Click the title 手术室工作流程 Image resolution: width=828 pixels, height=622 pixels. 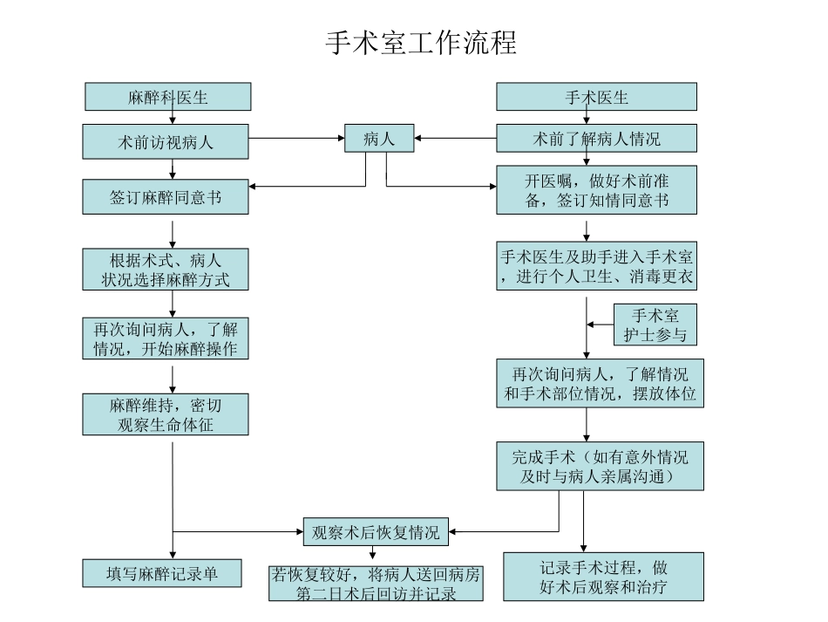[421, 42]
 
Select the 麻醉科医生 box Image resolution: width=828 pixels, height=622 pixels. [168, 97]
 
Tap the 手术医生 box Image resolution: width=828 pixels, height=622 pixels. [596, 97]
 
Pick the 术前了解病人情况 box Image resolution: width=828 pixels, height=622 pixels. [596, 139]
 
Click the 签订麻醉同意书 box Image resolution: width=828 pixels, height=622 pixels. [166, 197]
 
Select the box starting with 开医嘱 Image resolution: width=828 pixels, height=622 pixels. [596, 190]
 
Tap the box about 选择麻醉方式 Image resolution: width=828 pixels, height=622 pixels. [166, 270]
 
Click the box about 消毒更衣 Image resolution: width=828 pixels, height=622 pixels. [597, 266]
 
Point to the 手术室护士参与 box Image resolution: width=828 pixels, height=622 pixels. [655, 325]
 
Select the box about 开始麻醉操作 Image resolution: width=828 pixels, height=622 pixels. [166, 338]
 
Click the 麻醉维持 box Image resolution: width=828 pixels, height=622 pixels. [166, 414]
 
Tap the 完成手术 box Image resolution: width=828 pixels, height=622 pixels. [601, 466]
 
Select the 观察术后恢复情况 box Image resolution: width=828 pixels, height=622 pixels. [376, 531]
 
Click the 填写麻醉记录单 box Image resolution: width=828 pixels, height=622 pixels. [162, 573]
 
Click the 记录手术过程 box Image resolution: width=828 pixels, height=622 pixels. [603, 577]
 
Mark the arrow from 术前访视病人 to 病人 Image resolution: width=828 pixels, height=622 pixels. [296, 139]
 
